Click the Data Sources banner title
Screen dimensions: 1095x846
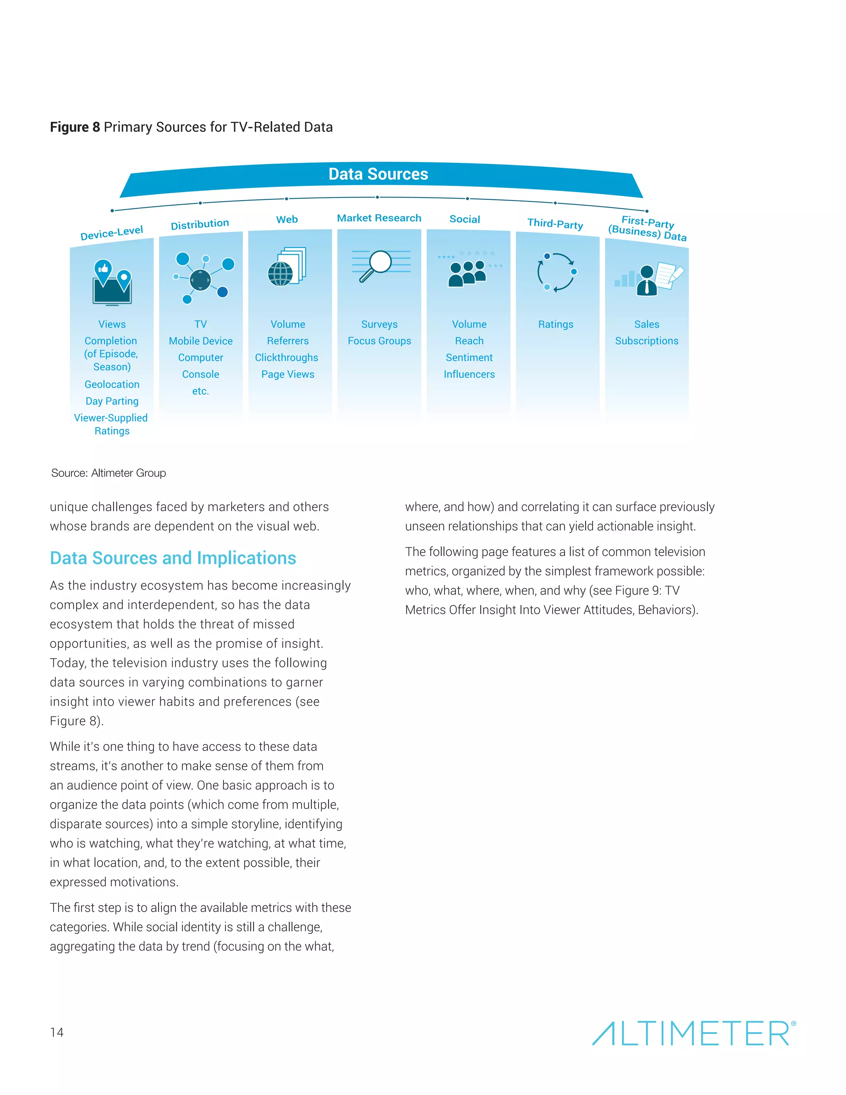click(x=378, y=174)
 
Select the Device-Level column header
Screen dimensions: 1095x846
click(x=112, y=233)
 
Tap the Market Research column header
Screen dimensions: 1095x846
click(x=379, y=218)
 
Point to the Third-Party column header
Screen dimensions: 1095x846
click(x=555, y=224)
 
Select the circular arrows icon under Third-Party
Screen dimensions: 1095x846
click(x=556, y=272)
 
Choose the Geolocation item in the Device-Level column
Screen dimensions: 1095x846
click(x=112, y=385)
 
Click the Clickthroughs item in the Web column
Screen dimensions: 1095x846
click(x=286, y=357)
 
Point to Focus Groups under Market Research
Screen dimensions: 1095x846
click(x=379, y=341)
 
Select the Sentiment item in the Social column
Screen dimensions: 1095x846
click(x=469, y=357)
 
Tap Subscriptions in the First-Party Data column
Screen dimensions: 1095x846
click(x=646, y=341)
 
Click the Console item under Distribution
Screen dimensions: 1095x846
click(x=200, y=374)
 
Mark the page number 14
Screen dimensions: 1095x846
click(x=57, y=1032)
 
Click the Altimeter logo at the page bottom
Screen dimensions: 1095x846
click(x=693, y=1033)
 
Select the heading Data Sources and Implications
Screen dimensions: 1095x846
click(x=173, y=558)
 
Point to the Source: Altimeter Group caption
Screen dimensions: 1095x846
click(x=108, y=473)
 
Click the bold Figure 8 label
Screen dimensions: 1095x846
click(x=75, y=127)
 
